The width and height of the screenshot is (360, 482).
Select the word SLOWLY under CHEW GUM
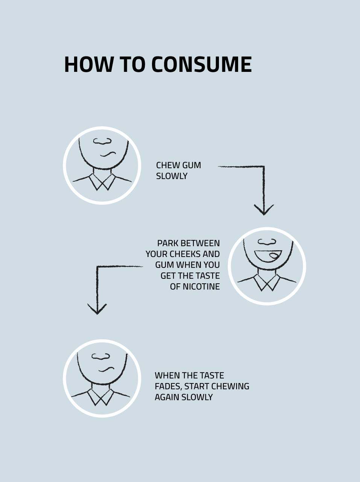coord(172,176)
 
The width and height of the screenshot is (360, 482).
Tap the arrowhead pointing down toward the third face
coord(97,309)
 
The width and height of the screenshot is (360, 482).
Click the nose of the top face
coord(102,141)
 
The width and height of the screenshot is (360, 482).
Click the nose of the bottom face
coord(101,356)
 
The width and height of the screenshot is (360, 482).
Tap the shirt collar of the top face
coord(102,182)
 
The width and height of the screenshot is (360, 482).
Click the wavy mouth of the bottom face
coord(106,369)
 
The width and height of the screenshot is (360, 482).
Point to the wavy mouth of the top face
coord(108,154)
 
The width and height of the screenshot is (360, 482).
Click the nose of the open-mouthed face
coord(267,242)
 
